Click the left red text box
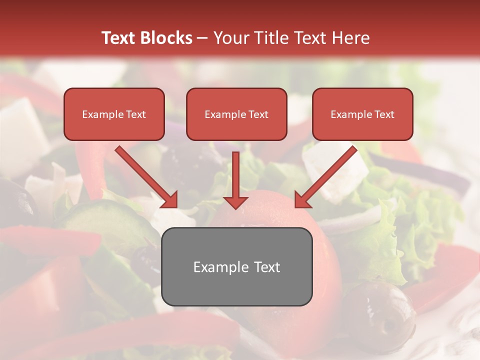(114, 114)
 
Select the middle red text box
(236, 114)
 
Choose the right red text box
(362, 114)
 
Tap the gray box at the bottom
(236, 267)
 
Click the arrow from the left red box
(145, 175)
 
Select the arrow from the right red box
(327, 175)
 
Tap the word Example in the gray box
(220, 267)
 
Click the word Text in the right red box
(384, 114)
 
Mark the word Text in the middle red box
(258, 114)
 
